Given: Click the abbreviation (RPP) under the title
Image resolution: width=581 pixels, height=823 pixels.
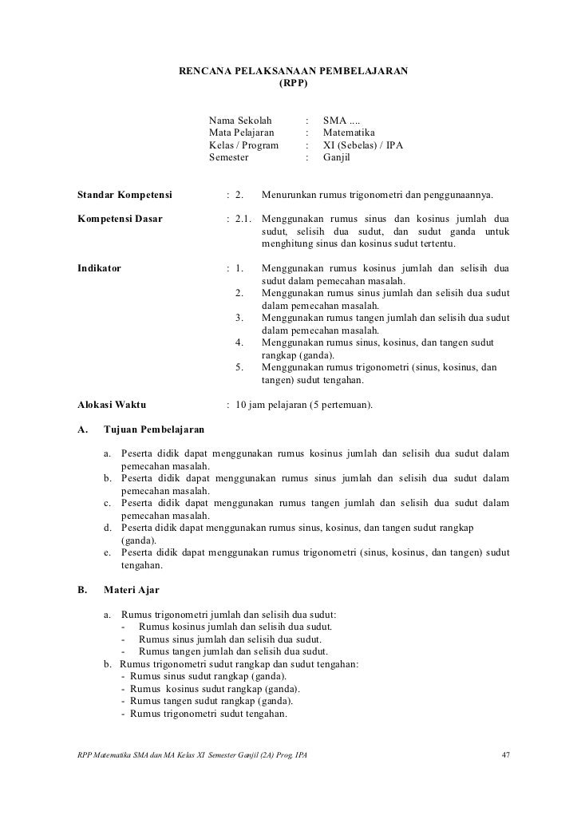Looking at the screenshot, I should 292,84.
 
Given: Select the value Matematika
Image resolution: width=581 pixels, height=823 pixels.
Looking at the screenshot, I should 349,132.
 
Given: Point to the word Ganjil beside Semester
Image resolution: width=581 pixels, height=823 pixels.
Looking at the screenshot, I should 336,158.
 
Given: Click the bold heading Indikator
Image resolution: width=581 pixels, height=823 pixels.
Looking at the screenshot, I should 99,268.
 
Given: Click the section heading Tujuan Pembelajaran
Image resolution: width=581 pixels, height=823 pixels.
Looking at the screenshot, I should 154,430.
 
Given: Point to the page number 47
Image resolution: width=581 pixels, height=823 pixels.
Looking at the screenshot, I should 504,754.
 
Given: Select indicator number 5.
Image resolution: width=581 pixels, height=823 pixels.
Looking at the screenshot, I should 239,367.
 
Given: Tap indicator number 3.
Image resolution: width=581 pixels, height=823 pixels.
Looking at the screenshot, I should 239,318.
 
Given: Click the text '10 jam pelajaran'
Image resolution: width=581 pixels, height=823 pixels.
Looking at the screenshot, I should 271,405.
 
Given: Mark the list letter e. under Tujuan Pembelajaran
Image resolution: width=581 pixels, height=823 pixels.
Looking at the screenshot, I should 107,552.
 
